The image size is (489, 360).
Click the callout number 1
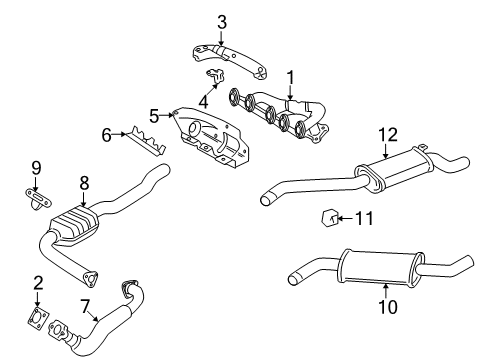point(291,77)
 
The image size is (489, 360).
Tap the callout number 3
point(222,22)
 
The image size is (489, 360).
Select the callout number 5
point(154,116)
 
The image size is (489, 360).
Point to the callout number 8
point(84,183)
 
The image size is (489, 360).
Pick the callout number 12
point(388,135)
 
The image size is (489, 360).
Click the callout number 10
point(388,306)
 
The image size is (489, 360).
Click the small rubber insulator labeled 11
point(329,218)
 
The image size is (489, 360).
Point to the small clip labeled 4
point(215,76)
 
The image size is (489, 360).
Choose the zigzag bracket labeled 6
point(148,142)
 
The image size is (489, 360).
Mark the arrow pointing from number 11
point(345,219)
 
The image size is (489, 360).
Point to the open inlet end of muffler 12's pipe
point(266,200)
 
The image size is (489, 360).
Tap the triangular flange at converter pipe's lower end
point(90,279)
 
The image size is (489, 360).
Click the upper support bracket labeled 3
point(230,61)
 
